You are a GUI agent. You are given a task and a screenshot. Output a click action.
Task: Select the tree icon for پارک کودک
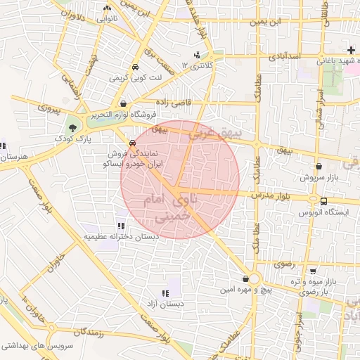click(x=73, y=127)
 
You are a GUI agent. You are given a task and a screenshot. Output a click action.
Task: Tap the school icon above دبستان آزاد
click(x=165, y=293)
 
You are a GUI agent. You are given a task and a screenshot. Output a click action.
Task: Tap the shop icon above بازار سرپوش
click(x=321, y=167)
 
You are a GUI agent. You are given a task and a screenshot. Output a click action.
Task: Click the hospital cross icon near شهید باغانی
click(x=351, y=49)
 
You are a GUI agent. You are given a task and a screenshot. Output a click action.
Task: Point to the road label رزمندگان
click(x=82, y=331)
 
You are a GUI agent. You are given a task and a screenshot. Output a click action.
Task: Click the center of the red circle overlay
click(x=180, y=179)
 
